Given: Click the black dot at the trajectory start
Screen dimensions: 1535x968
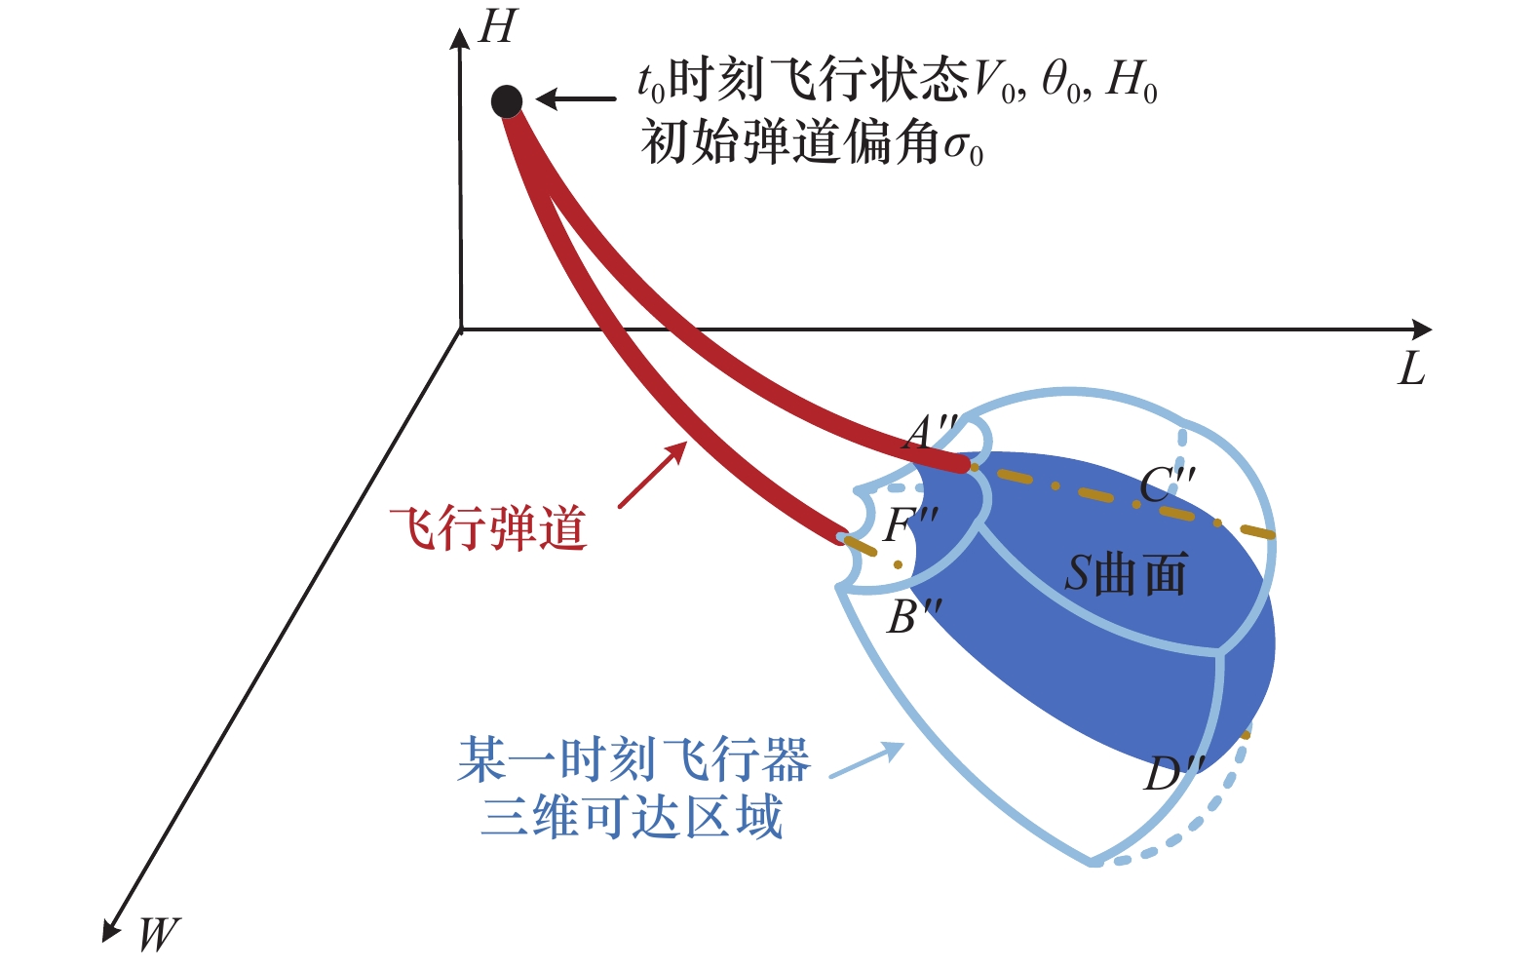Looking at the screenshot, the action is pos(507,101).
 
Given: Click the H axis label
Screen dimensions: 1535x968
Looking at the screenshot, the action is pos(497,28).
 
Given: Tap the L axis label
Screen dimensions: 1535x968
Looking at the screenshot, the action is pos(1411,368).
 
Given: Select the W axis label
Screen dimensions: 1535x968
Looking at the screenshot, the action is pos(159,933).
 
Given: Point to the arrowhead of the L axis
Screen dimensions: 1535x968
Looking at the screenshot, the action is pos(1421,329).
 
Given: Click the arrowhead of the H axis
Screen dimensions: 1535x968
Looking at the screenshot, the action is pos(460,38).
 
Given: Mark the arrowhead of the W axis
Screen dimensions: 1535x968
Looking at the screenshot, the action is pos(109,931).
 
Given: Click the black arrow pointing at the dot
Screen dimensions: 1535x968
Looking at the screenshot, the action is pos(575,99).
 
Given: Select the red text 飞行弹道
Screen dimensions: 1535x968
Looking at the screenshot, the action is pos(488,528).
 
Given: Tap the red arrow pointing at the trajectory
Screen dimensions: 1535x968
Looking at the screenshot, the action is pos(652,475).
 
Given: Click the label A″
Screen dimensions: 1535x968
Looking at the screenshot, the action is pos(929,432).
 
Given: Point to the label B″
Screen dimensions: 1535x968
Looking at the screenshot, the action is pos(914,615).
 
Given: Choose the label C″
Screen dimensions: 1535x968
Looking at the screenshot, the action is pos(1168,484).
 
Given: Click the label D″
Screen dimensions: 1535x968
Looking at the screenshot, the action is pos(1173,773).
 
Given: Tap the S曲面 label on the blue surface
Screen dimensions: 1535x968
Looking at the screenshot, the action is pos(1127,573).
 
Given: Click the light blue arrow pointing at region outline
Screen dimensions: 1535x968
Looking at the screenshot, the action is pos(866,760).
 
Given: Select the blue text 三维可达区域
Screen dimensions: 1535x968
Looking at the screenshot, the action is pos(632,817).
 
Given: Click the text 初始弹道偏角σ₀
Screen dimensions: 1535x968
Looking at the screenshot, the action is pos(812,142).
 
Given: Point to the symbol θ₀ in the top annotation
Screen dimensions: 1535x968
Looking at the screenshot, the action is pos(1061,84).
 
